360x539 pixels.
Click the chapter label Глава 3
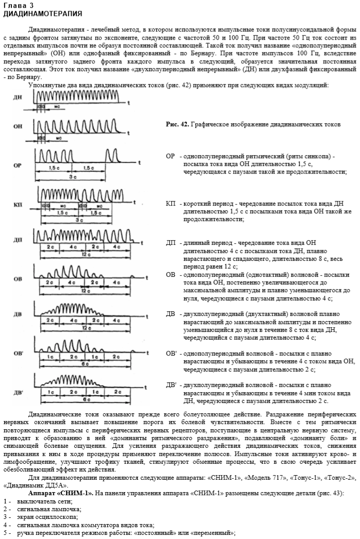(18, 5)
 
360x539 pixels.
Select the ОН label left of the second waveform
(18, 127)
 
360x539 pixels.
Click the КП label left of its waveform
(18, 205)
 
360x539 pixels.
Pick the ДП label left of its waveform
(18, 241)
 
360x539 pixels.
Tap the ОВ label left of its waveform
(18, 279)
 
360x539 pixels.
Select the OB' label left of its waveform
(19, 353)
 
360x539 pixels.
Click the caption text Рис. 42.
(178, 125)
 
